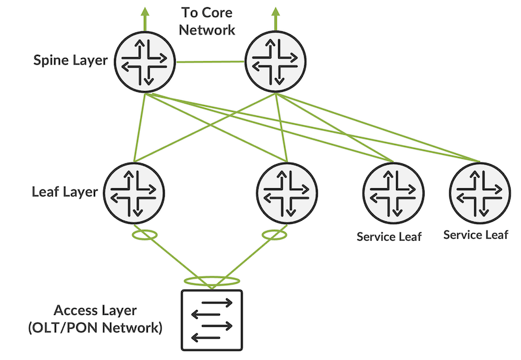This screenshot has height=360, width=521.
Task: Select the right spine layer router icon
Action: [x=275, y=62]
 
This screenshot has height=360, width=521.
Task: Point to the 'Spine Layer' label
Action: [x=71, y=61]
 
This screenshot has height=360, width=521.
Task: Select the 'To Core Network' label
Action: [x=207, y=21]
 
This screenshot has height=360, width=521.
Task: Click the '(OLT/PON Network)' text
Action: [x=95, y=327]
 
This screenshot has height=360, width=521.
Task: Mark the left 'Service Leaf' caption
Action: [x=389, y=236]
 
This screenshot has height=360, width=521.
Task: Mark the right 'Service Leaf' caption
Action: [x=475, y=234]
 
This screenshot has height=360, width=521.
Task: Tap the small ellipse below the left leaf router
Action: [x=145, y=234]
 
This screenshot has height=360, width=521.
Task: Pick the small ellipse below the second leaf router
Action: [x=274, y=234]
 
